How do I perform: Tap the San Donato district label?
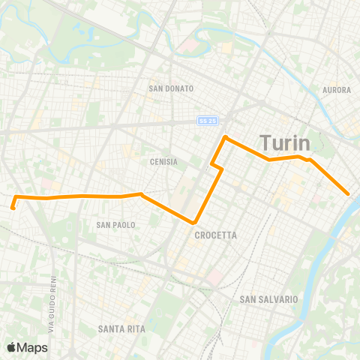click(172, 88)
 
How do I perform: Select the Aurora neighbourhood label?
click(336, 90)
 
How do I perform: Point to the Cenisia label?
click(163, 161)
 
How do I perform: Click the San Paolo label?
click(115, 224)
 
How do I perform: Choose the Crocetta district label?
click(215, 235)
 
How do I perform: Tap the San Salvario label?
click(268, 299)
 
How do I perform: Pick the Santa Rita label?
click(121, 328)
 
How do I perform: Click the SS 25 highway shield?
click(208, 120)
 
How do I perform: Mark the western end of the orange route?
click(13, 207)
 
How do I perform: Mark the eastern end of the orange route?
click(349, 194)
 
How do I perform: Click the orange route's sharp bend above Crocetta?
click(195, 223)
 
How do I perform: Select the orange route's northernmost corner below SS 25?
click(224, 137)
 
